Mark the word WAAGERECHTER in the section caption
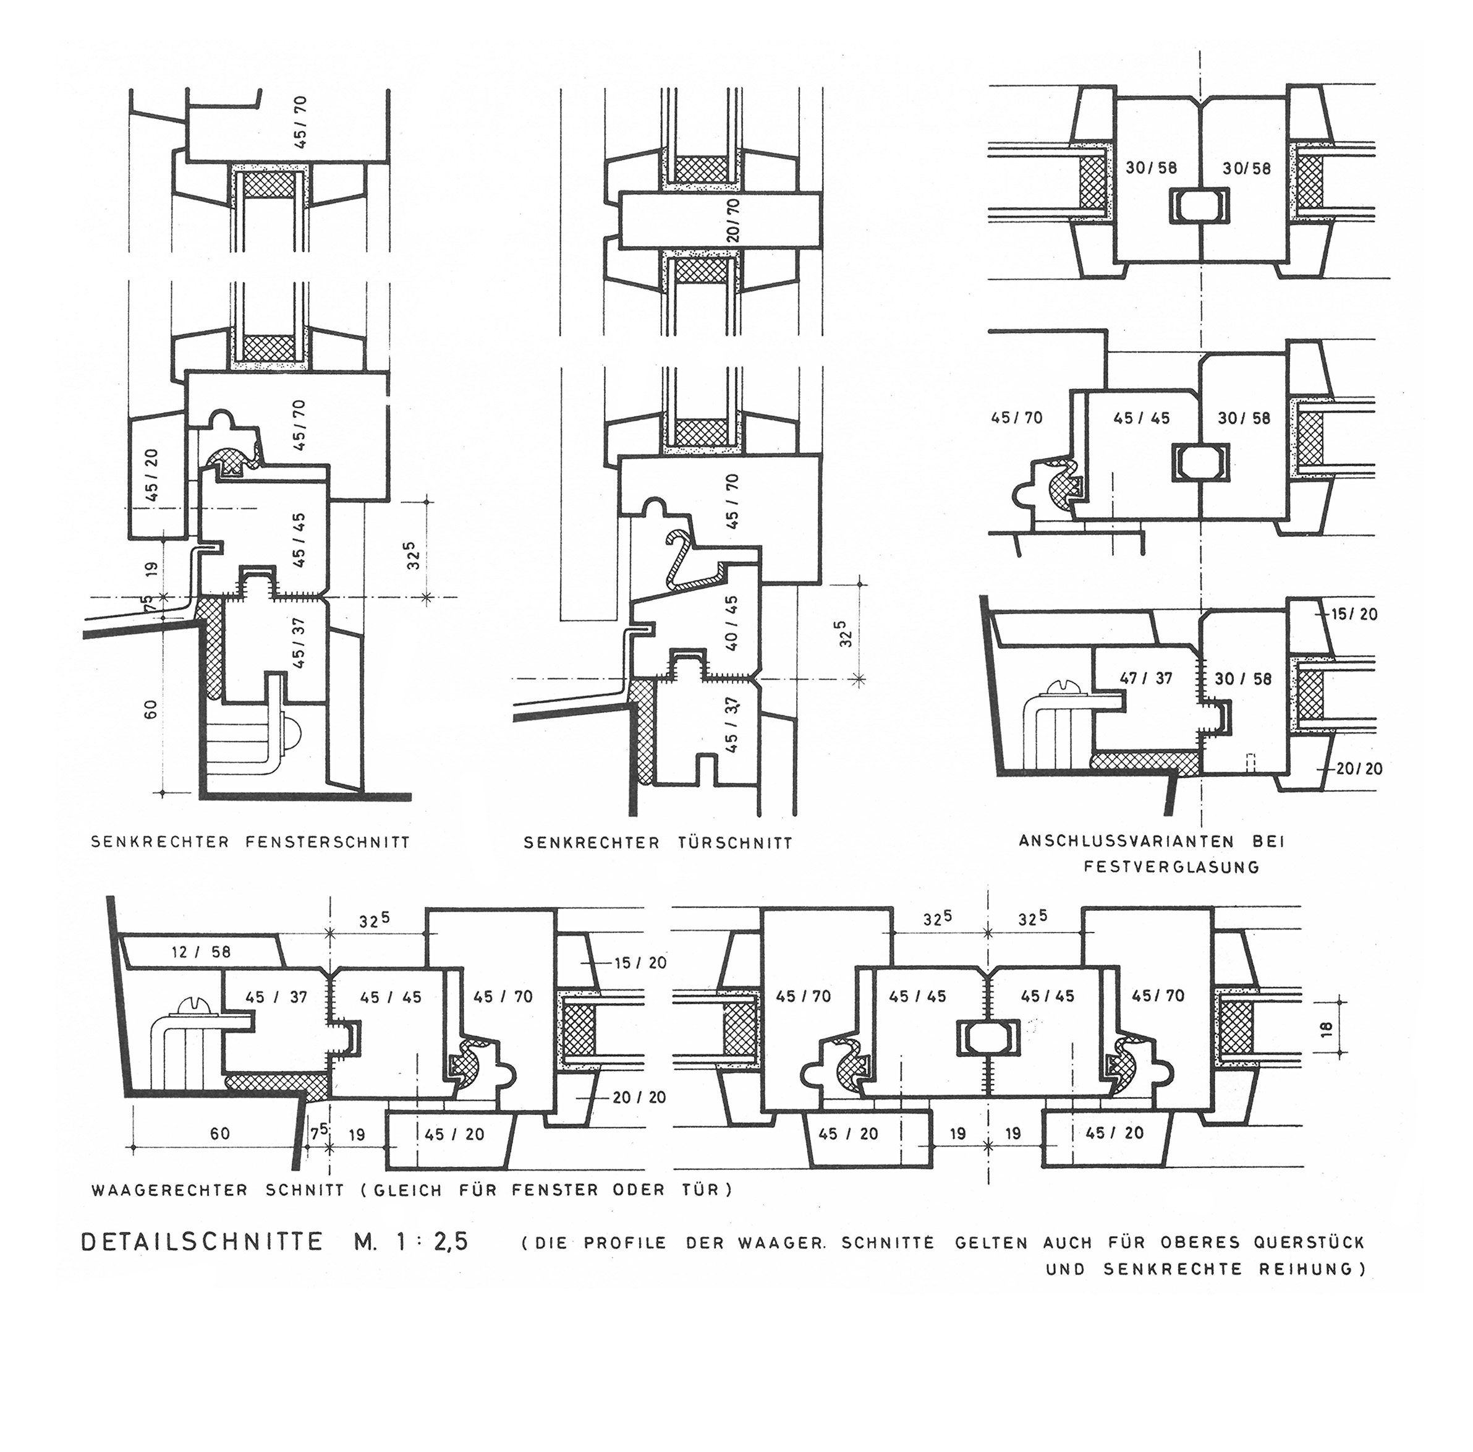[169, 1190]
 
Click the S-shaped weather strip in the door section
[692, 560]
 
